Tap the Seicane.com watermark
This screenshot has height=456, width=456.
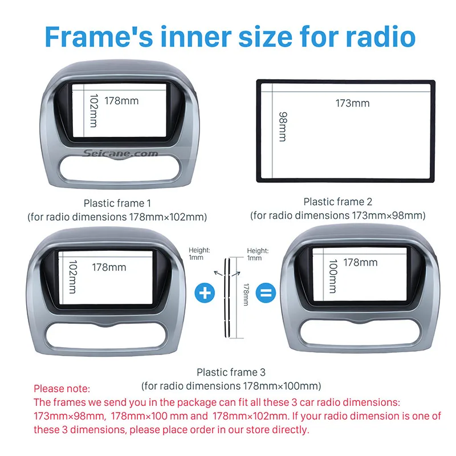120,154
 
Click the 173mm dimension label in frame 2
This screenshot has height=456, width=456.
352,103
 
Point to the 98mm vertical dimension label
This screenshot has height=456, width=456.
282,127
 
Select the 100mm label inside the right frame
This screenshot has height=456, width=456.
333,276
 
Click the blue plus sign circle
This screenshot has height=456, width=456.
205,293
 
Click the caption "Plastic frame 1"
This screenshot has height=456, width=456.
117,203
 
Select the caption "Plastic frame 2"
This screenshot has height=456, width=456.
337,201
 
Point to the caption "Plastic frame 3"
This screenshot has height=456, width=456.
231,372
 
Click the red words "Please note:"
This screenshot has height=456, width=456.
62,389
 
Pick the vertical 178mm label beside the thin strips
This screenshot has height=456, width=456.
246,295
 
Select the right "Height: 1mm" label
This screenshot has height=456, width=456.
258,254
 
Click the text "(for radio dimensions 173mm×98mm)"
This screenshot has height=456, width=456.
337,215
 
